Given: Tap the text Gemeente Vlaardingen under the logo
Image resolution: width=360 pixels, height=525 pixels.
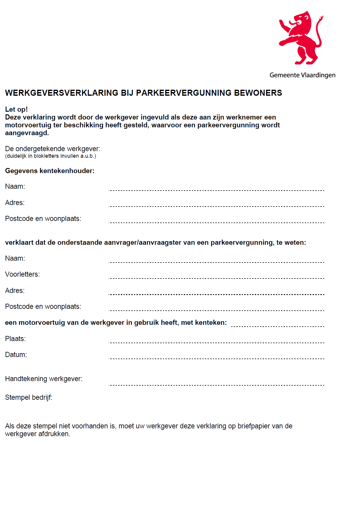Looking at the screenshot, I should (x=302, y=75).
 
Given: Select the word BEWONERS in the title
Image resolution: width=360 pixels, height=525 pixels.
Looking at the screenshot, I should (x=258, y=93).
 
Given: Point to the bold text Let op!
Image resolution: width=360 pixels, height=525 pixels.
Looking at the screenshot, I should (x=17, y=109).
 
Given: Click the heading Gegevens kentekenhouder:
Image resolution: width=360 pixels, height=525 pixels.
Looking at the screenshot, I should (x=50, y=171).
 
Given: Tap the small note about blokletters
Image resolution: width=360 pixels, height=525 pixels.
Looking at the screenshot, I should (x=51, y=156).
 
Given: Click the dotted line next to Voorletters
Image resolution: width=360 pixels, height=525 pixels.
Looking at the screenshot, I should (x=216, y=278).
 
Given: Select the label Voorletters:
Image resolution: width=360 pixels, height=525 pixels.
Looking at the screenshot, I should (x=23, y=275).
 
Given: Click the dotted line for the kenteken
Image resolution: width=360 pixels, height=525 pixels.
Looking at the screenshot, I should (x=278, y=326).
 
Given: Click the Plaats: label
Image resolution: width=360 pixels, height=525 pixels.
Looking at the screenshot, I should (x=15, y=339).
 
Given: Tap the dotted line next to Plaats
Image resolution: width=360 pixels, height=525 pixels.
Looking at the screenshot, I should (x=216, y=343).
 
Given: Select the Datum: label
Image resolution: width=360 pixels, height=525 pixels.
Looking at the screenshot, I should (x=16, y=355).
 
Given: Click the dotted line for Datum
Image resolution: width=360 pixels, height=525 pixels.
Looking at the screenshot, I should (x=216, y=359).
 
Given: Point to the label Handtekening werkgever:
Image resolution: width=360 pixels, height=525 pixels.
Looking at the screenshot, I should (x=44, y=379).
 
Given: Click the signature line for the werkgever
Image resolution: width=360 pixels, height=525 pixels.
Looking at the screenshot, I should (x=216, y=385).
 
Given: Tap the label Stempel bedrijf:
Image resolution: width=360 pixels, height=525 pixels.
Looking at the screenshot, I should (x=29, y=398).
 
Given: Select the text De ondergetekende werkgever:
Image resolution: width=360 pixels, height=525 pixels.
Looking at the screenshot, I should (x=53, y=149).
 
